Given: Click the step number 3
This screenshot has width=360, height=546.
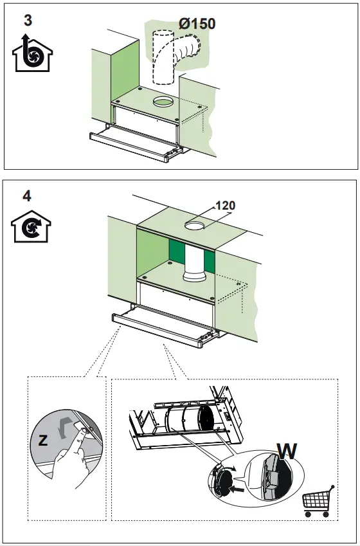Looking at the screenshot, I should pos(28,21).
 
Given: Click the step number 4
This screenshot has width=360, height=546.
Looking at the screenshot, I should pos(26,196).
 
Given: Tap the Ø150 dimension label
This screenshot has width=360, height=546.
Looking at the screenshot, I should pos(197,24).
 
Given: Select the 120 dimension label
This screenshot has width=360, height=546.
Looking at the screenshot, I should pos(225,206).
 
